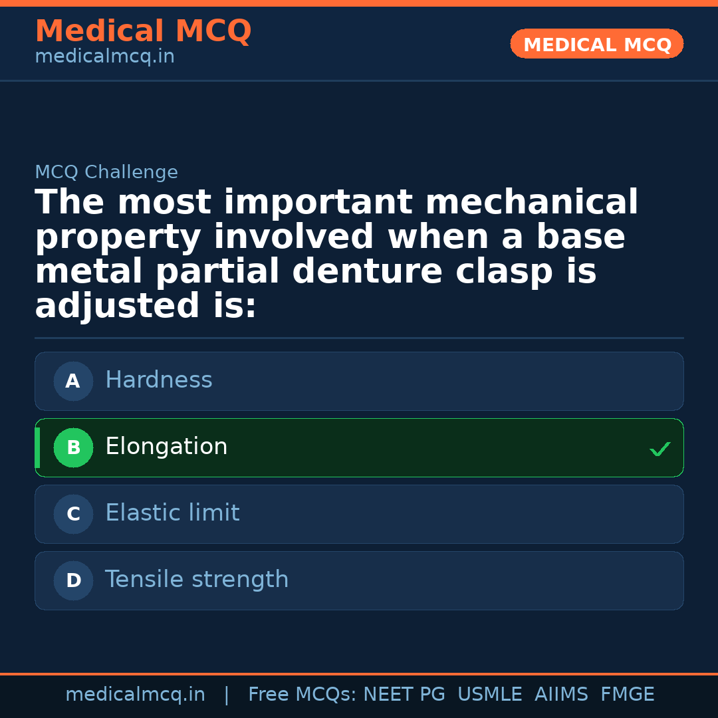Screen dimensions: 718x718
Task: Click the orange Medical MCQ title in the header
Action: (143, 31)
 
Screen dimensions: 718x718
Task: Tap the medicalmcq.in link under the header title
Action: (104, 57)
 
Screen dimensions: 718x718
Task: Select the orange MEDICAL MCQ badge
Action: (597, 45)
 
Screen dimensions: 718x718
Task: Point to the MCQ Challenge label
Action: (106, 172)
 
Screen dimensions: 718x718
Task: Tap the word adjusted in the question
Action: (117, 306)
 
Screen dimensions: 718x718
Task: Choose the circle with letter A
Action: (73, 381)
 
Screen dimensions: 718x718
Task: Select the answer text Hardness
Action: (159, 380)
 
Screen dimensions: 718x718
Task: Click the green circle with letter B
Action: (73, 447)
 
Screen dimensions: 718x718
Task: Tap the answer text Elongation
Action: (166, 447)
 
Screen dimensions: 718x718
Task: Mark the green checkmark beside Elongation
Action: (659, 449)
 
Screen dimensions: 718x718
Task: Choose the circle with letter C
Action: (73, 514)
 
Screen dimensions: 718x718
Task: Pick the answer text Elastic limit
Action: (172, 513)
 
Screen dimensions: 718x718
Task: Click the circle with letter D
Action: (73, 580)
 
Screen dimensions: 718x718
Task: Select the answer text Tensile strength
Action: (197, 580)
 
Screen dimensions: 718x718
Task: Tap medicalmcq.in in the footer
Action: (135, 695)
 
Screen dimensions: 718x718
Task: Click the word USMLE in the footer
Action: (490, 695)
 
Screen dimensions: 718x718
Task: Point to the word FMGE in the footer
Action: (628, 695)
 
